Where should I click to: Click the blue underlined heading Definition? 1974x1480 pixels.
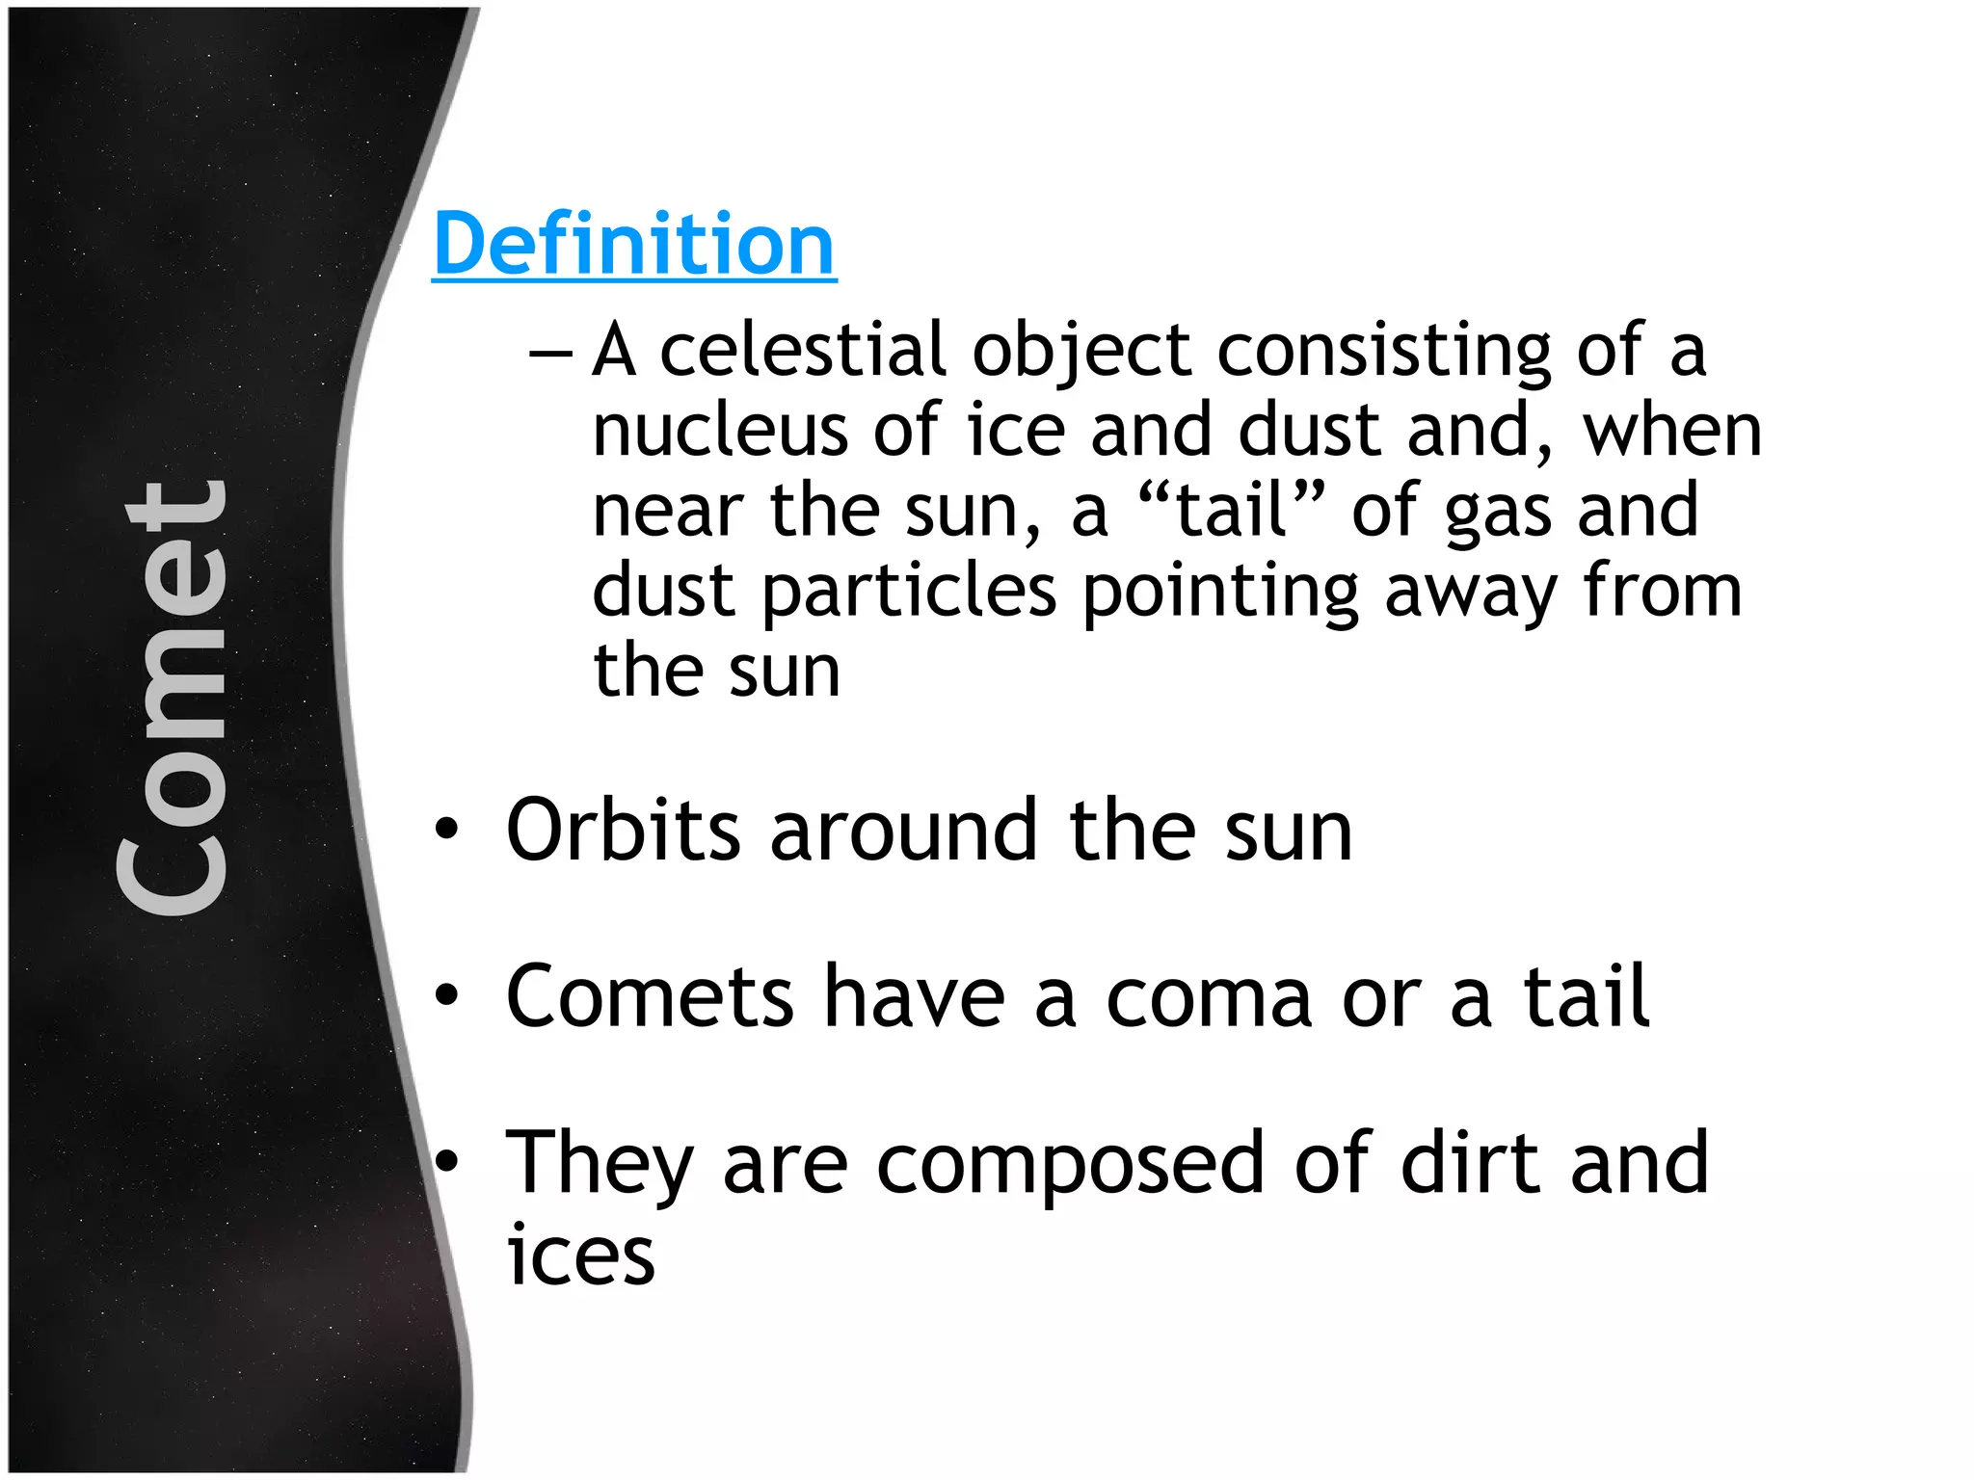click(x=634, y=245)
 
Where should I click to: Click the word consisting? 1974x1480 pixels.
click(x=1384, y=353)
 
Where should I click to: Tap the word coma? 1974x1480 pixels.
click(x=1209, y=998)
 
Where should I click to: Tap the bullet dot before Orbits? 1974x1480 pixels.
click(x=445, y=830)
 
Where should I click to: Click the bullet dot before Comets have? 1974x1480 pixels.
click(x=445, y=996)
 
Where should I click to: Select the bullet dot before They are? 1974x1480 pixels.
click(x=445, y=1163)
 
